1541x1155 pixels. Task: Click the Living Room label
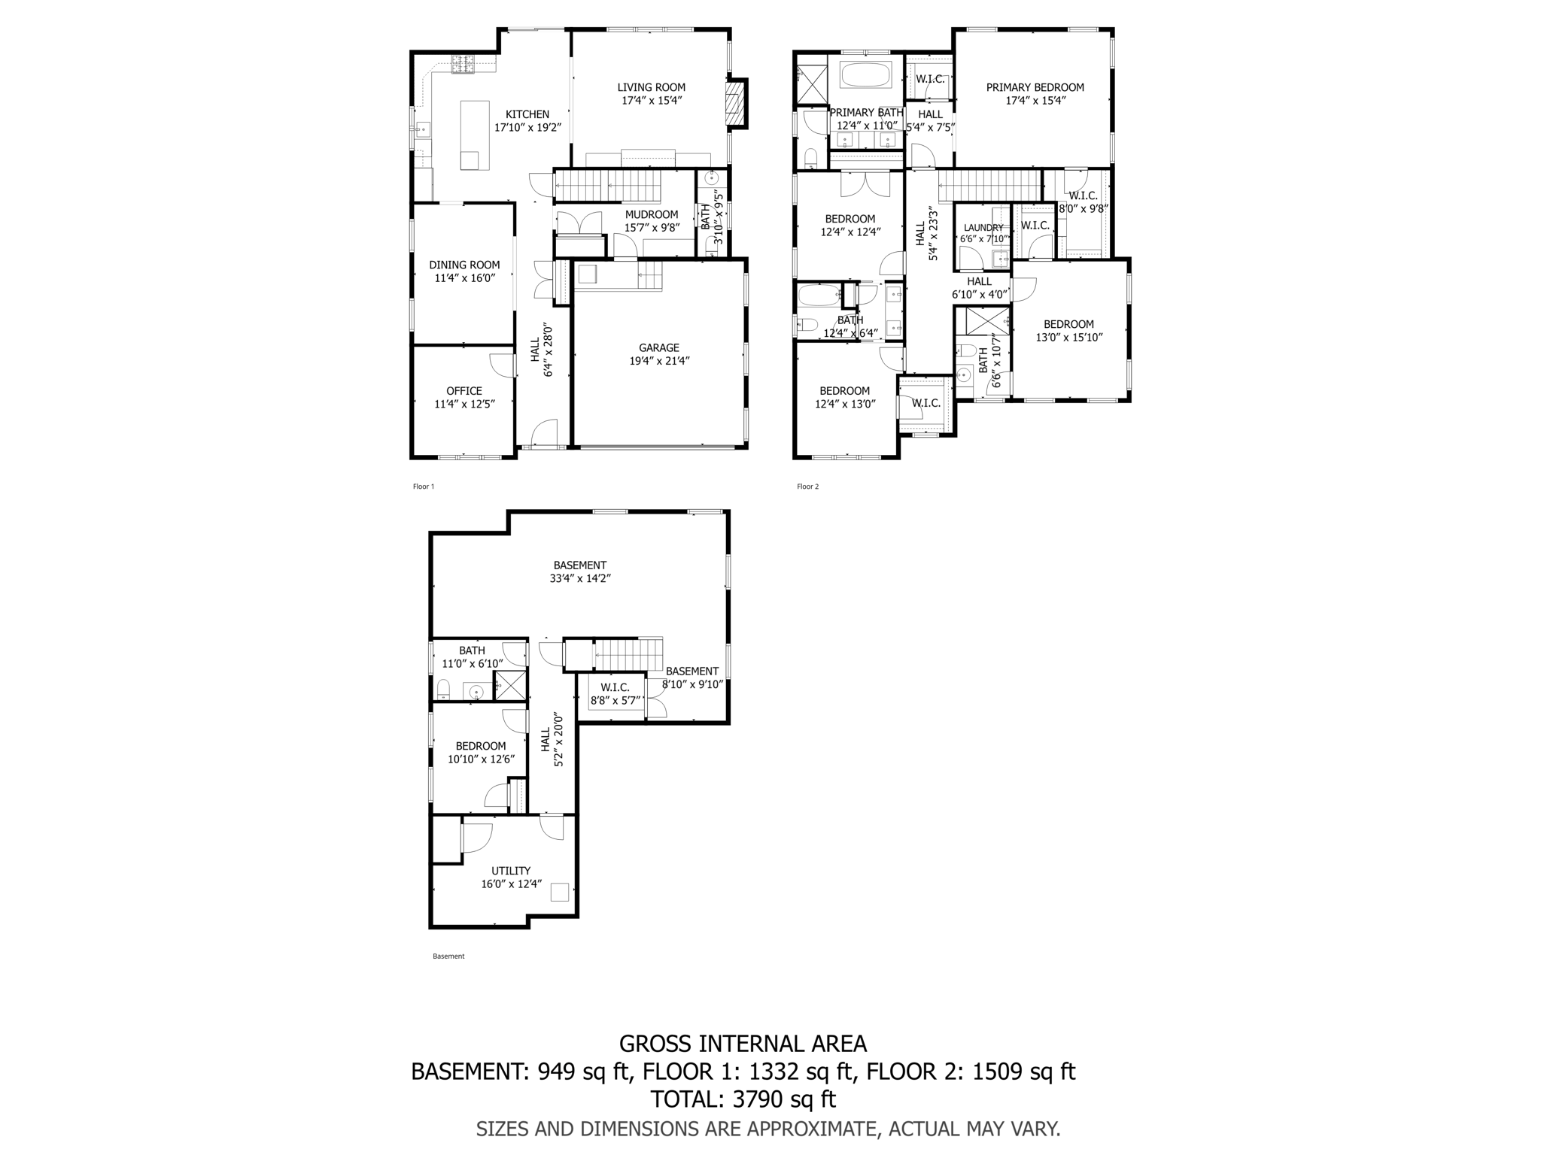pyautogui.click(x=651, y=87)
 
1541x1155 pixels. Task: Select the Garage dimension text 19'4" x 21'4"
pyautogui.click(x=659, y=361)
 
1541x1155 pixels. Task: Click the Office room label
pyautogui.click(x=464, y=391)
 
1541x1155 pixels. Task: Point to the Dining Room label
pyautogui.click(x=464, y=265)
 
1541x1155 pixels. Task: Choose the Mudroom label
pyautogui.click(x=651, y=215)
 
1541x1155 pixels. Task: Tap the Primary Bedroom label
pyautogui.click(x=1035, y=87)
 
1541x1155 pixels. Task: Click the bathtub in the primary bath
pyautogui.click(x=865, y=75)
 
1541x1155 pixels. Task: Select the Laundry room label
pyautogui.click(x=983, y=228)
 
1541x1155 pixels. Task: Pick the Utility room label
pyautogui.click(x=511, y=871)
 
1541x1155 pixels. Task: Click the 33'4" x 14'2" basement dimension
pyautogui.click(x=579, y=579)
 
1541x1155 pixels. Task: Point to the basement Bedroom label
pyautogui.click(x=480, y=746)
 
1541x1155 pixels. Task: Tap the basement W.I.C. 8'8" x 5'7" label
pyautogui.click(x=615, y=693)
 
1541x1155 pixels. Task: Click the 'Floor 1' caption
pyautogui.click(x=424, y=487)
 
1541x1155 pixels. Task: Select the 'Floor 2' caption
pyautogui.click(x=807, y=487)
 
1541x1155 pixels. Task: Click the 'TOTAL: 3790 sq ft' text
pyautogui.click(x=743, y=1099)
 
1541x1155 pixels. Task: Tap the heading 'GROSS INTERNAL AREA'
pyautogui.click(x=743, y=1044)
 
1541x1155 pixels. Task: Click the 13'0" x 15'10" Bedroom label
pyautogui.click(x=1068, y=331)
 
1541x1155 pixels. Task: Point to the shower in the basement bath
pyautogui.click(x=509, y=686)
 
